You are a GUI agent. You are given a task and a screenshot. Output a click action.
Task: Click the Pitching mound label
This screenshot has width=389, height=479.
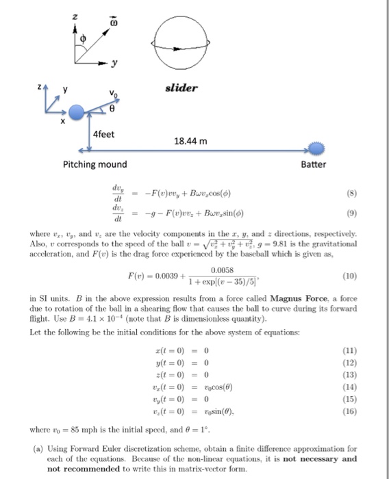pyautogui.click(x=90, y=165)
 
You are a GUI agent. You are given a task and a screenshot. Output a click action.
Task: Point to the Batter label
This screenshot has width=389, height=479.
pyautogui.click(x=314, y=165)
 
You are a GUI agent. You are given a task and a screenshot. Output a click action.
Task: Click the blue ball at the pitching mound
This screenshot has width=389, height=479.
pyautogui.click(x=79, y=110)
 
